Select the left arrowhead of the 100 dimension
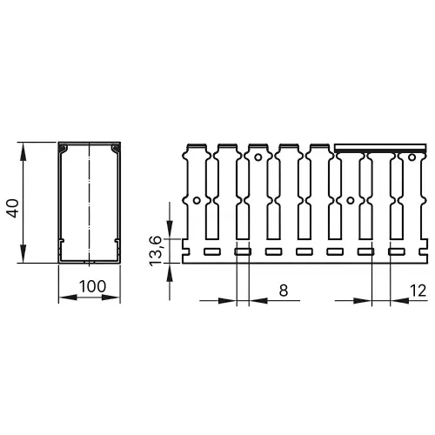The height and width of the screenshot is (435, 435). click(x=62, y=299)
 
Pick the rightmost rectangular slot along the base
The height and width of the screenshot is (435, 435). click(x=394, y=251)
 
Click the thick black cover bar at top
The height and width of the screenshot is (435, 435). click(x=383, y=147)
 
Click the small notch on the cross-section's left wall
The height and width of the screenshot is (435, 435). click(x=63, y=237)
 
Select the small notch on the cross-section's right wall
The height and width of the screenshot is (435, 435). click(x=116, y=237)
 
